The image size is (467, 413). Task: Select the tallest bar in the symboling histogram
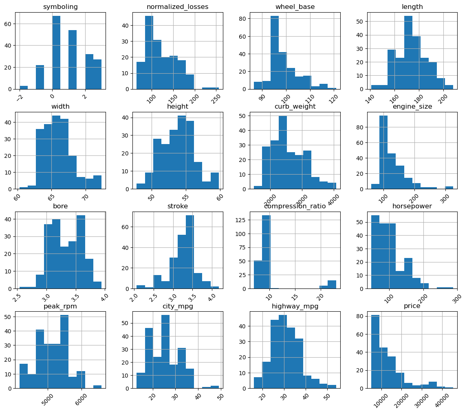click(x=56, y=59)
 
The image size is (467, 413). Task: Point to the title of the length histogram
click(x=412, y=7)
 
